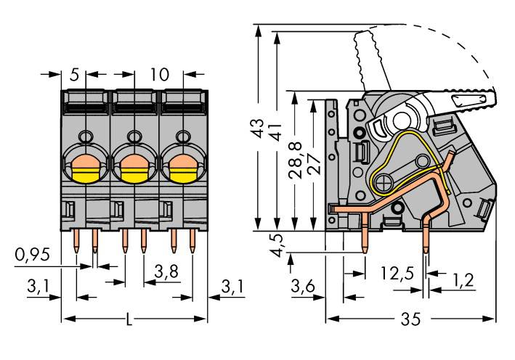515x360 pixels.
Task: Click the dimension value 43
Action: [256, 128]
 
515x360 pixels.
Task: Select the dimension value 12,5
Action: [397, 274]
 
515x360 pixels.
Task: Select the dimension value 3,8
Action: [167, 272]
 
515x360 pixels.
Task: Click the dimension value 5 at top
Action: [74, 74]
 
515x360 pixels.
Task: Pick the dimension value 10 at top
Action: [159, 74]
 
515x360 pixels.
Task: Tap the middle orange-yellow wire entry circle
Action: [134, 168]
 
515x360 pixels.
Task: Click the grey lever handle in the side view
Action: [465, 97]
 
